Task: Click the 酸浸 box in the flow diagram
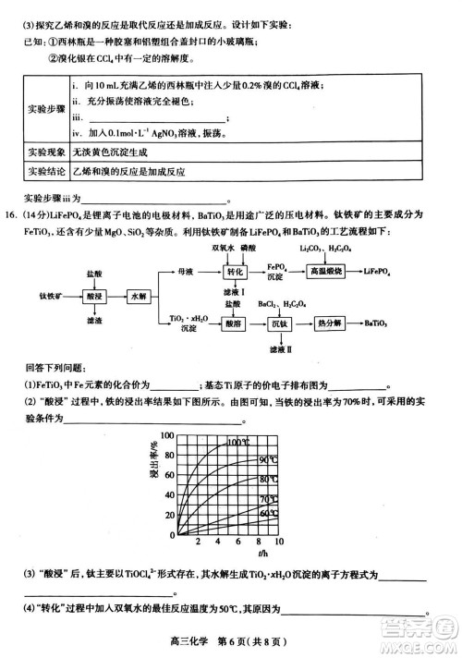click(x=94, y=296)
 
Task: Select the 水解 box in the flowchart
click(x=139, y=296)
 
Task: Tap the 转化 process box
click(x=235, y=272)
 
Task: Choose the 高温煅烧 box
click(x=326, y=272)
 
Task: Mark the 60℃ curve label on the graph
click(x=269, y=512)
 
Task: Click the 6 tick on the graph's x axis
click(x=238, y=542)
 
